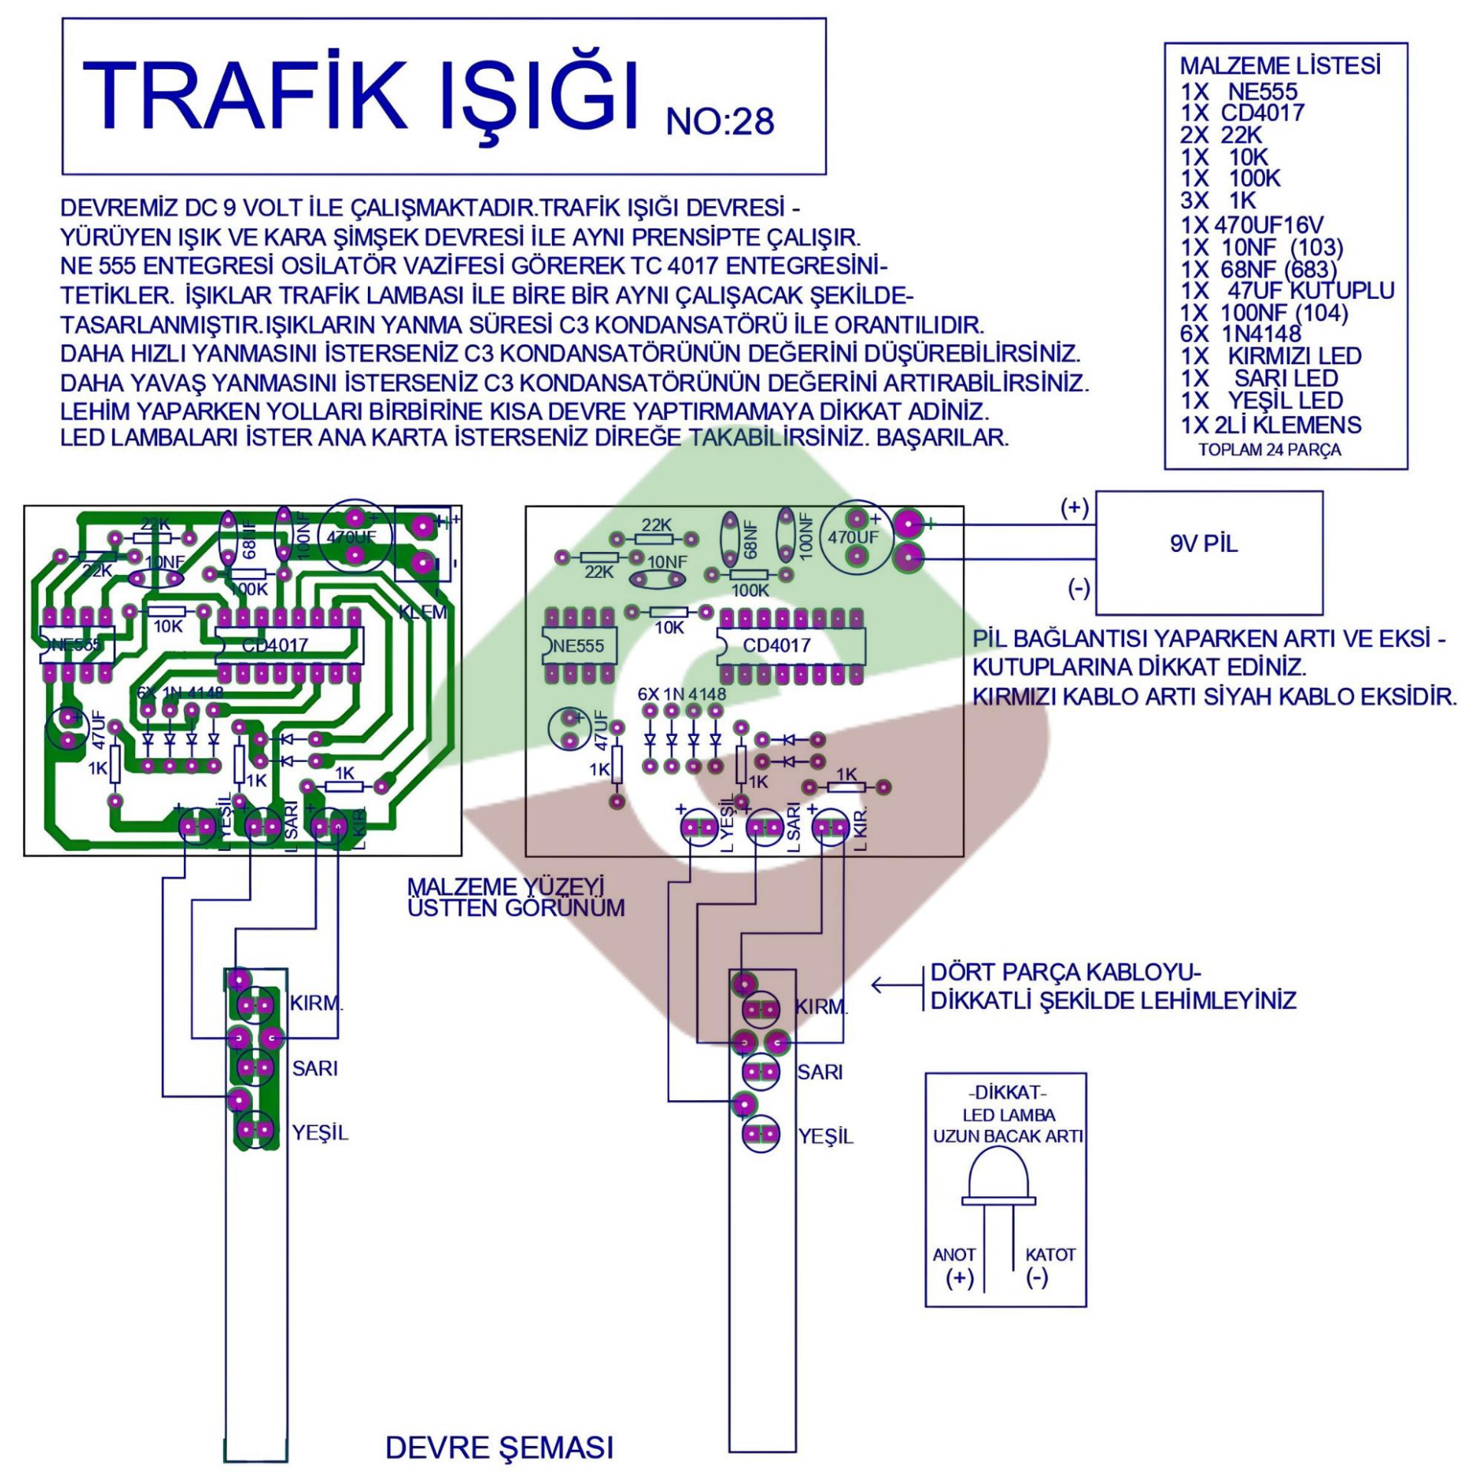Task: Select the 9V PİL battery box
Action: pos(1209,553)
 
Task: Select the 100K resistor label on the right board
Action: pos(750,591)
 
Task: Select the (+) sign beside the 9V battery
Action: pos(1074,508)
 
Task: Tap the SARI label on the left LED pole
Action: pos(314,1068)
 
